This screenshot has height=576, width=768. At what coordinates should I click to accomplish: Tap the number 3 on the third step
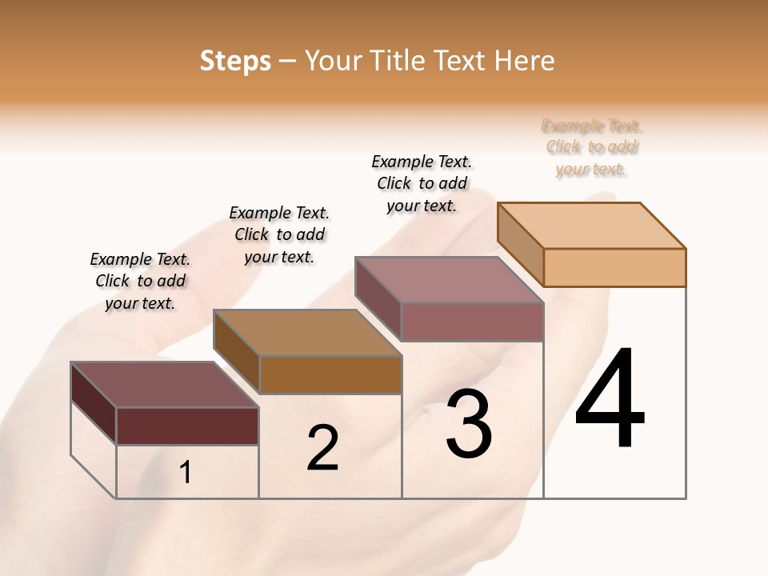coord(469,424)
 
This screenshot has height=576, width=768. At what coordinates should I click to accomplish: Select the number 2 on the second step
coord(322,448)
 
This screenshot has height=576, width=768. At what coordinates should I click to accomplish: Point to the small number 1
coord(186,473)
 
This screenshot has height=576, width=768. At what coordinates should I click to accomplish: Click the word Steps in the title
coord(235,61)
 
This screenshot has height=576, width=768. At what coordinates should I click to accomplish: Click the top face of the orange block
coord(592,225)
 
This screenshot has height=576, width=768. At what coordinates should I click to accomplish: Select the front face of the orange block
coord(614,267)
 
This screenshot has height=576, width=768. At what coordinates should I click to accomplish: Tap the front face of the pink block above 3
coord(472,322)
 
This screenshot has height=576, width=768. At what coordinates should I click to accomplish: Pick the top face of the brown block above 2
coord(307,333)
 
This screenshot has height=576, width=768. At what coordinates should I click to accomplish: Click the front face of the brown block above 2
coord(330,374)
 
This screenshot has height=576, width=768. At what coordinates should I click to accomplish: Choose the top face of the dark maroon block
coord(165,385)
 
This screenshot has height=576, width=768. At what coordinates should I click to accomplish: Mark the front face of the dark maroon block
coord(187,426)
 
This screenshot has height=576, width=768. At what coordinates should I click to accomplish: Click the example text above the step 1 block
coord(140,281)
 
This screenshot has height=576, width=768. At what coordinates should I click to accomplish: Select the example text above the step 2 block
coord(279,234)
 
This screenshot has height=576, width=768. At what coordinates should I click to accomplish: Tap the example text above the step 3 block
coord(422,183)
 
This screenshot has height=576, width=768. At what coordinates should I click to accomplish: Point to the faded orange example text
coord(592,147)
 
